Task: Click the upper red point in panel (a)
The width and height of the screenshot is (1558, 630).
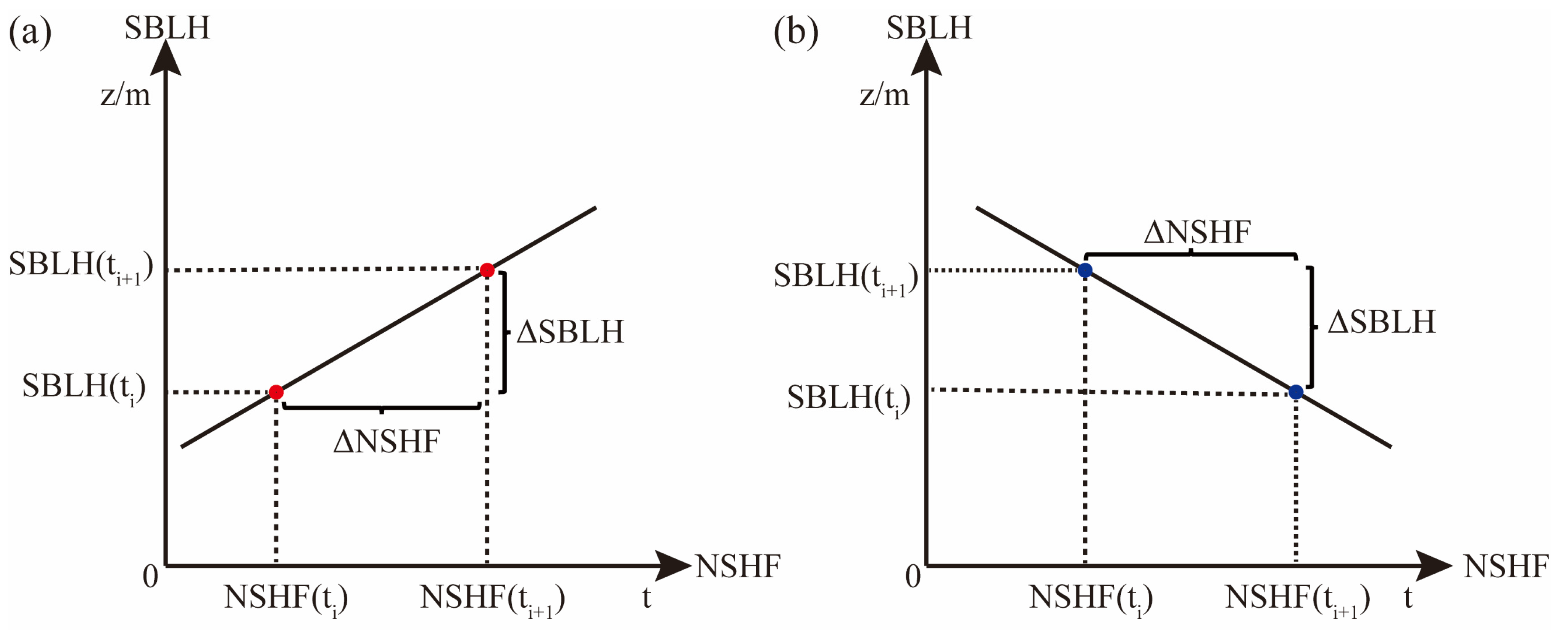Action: [x=487, y=270]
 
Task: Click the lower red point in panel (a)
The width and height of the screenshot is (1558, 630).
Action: [x=276, y=392]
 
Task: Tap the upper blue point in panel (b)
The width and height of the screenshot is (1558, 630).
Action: [x=1085, y=270]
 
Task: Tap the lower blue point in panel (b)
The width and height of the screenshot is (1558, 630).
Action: [x=1296, y=392]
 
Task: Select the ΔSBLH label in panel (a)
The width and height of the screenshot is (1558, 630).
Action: [x=570, y=332]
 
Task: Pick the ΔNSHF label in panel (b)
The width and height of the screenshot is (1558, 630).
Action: [x=1197, y=232]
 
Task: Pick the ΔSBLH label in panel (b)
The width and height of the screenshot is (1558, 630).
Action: [x=1381, y=322]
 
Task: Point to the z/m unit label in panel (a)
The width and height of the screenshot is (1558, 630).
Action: [x=125, y=95]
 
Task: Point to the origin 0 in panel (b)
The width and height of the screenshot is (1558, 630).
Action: [x=913, y=575]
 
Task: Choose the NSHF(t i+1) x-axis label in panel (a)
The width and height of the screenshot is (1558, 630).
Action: [x=492, y=599]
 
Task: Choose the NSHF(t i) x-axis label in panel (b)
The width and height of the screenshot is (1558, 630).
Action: [x=1091, y=599]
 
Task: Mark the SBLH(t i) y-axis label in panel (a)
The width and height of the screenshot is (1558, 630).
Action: [x=84, y=388]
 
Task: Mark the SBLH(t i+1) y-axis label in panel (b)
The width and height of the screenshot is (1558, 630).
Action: [x=845, y=277]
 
